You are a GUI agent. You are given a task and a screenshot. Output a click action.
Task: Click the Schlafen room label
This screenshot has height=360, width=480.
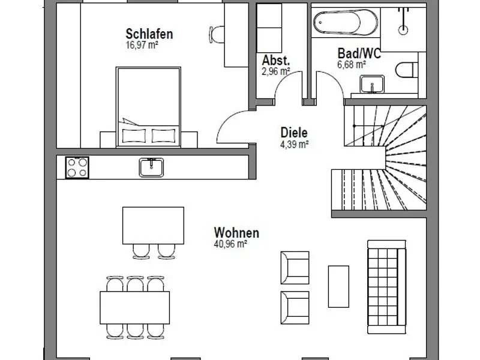pos(149,34)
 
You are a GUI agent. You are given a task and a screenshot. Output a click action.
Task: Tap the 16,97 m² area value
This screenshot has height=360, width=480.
pos(142,46)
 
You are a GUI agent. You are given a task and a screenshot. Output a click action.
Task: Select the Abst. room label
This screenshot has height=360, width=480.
pos(276,61)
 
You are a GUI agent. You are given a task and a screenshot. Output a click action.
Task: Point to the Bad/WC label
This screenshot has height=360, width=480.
pos(359,53)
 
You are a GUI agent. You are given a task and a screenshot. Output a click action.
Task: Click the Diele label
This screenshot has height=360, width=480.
pos(294,133)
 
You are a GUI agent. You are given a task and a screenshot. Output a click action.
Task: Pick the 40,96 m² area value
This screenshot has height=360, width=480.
pos(230,244)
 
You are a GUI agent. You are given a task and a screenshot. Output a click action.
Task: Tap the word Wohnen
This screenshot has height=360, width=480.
pos(236,233)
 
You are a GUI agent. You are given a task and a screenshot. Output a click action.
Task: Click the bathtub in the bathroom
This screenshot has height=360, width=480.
pos(346,22)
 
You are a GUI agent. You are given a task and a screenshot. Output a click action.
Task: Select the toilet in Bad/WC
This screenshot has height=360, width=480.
pos(407,70)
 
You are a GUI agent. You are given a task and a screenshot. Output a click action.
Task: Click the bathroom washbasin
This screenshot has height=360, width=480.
pos(372,84)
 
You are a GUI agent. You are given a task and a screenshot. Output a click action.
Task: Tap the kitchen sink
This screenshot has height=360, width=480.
pos(151,167)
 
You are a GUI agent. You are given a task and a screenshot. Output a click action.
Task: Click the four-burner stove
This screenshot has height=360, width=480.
pos(77,167)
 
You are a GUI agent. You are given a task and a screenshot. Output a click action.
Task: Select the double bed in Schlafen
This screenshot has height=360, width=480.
pos(148,107)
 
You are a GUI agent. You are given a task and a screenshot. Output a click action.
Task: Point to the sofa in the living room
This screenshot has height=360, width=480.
pos(386,287)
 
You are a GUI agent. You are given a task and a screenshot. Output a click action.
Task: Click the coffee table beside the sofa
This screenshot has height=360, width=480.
pos(338,287)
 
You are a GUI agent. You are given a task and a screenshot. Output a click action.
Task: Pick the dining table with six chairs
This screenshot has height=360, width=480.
pos(134,308)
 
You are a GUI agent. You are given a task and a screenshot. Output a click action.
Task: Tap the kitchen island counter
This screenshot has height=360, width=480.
pos(153,226)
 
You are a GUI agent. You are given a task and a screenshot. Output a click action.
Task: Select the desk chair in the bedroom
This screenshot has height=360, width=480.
pos(217,34)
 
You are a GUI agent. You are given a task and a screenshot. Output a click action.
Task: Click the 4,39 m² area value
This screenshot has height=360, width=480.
pos(294,144)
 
